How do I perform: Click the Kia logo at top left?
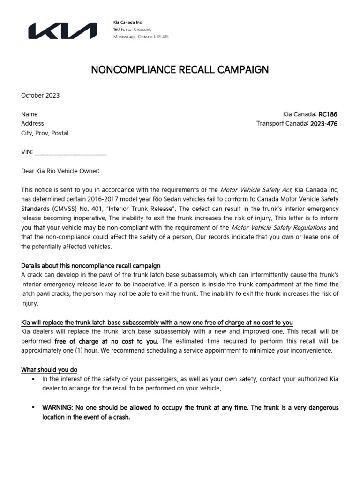(x=63, y=31)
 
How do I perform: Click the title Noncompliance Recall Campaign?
(x=180, y=70)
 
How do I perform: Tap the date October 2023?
(x=40, y=95)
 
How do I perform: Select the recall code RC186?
(x=328, y=114)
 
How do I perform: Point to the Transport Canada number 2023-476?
(x=323, y=124)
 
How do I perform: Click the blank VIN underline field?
(x=71, y=153)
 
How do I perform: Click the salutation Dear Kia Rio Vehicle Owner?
(x=60, y=171)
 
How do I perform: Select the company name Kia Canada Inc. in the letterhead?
(x=128, y=22)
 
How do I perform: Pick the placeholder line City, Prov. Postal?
(x=45, y=133)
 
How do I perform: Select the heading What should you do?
(x=49, y=370)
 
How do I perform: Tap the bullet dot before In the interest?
(x=33, y=379)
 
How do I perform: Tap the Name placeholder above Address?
(x=30, y=114)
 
